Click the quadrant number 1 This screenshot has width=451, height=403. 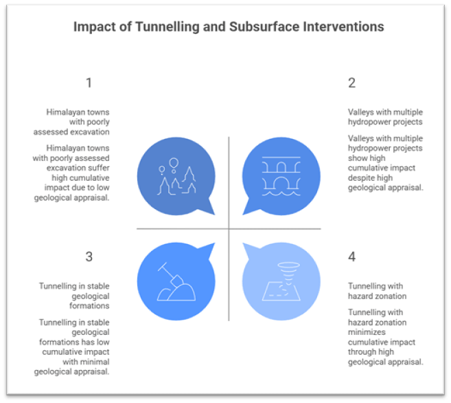click(x=89, y=83)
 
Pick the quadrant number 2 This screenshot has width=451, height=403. click(x=352, y=83)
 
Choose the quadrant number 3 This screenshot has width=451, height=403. click(x=89, y=257)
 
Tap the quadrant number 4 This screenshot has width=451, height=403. click(x=352, y=257)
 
